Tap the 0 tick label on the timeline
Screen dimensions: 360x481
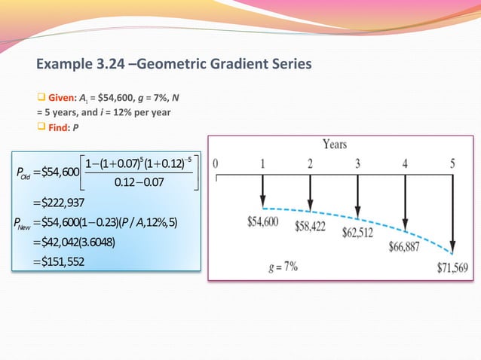tap(216, 163)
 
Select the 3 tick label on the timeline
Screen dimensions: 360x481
tap(357, 163)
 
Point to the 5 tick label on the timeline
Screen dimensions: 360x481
tap(452, 163)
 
